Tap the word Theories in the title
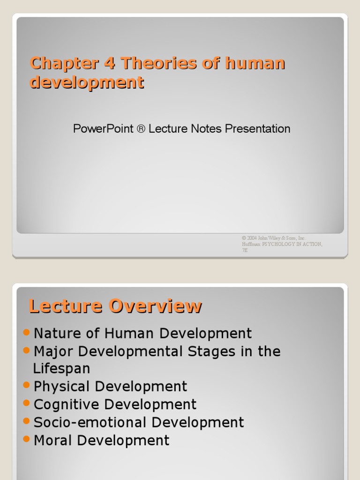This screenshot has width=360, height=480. [x=157, y=63]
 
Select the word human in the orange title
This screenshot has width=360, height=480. [x=255, y=63]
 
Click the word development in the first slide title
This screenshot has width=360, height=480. [x=87, y=82]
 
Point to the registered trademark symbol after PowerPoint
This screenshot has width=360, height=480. [x=141, y=129]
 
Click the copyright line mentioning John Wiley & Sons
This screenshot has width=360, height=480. [x=273, y=238]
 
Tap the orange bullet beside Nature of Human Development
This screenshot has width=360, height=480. [x=26, y=332]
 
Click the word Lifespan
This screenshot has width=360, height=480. [x=62, y=368]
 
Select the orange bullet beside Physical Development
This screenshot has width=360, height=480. [x=26, y=385]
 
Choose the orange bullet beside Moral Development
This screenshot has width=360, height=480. [x=26, y=439]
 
